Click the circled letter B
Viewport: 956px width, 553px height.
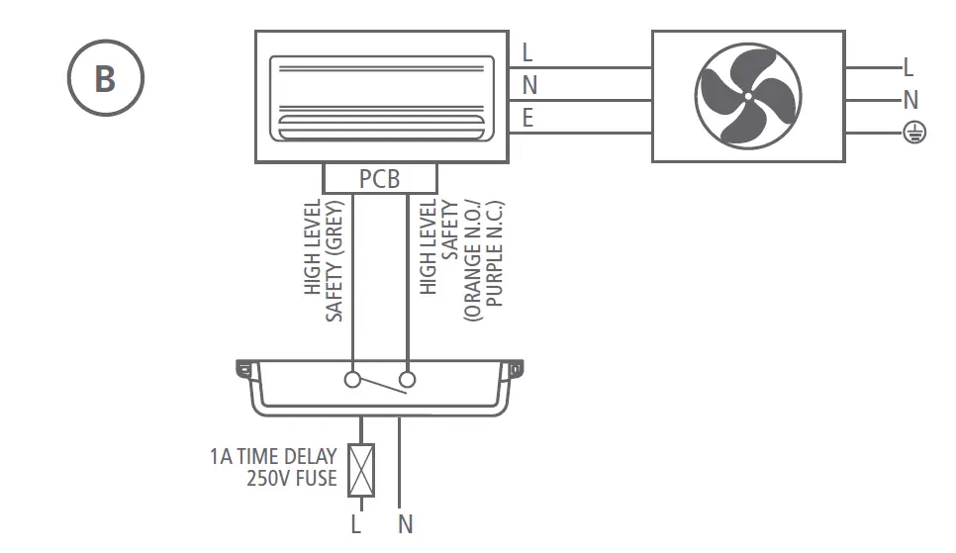point(106,78)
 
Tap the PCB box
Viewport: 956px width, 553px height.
point(380,179)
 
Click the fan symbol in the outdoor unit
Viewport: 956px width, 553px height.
point(748,96)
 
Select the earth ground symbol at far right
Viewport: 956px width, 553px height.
point(913,133)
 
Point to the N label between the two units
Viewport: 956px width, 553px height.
point(529,86)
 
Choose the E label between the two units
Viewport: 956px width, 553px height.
point(527,119)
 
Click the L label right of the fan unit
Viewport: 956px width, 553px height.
point(908,67)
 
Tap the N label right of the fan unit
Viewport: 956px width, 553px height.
point(910,99)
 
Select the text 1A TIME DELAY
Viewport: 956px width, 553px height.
point(273,457)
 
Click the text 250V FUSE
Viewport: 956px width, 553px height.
point(291,480)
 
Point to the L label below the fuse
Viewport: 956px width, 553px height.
point(355,525)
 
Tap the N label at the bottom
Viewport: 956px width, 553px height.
point(406,525)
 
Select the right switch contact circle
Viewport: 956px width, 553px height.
point(407,379)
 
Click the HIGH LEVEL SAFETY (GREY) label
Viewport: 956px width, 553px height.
point(324,259)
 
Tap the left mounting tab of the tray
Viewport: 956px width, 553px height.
point(243,370)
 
